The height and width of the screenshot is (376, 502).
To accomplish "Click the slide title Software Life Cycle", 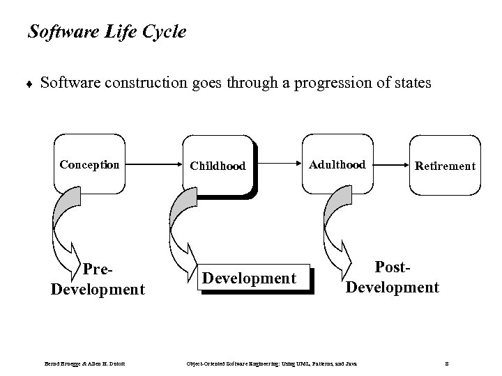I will coord(106,32).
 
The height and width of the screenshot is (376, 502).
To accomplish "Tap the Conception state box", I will coord(89,165).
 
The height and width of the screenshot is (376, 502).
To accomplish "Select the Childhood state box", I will coord(218,166).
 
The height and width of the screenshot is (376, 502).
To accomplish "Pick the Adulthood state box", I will coord(337,164).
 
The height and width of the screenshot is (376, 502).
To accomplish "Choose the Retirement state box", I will coord(445,166).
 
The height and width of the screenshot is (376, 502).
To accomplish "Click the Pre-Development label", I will coord(98,279).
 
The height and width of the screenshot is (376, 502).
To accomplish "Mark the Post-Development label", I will coord(392,277).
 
